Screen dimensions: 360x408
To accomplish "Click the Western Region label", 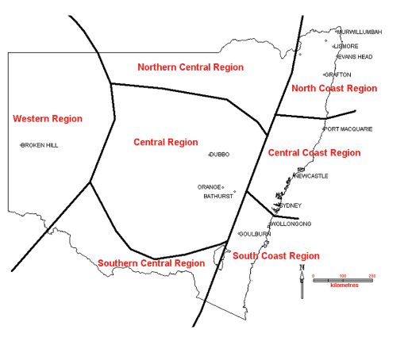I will [48, 119].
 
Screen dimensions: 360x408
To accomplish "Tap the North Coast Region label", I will [334, 89].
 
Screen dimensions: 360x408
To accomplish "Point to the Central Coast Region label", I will [314, 153].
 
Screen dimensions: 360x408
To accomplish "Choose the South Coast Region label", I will [275, 256].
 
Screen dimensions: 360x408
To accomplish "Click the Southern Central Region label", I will [151, 263].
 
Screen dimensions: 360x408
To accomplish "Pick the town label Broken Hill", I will [40, 146].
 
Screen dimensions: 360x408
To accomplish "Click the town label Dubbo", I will [219, 155].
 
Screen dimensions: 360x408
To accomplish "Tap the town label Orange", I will [209, 188].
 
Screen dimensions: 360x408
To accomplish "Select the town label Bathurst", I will [217, 196].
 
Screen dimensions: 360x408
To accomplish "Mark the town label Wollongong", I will [291, 224].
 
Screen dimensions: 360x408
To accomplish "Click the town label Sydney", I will [291, 205].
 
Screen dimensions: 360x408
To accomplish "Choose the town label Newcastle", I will [310, 176].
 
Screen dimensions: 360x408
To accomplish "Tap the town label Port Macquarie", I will [348, 129].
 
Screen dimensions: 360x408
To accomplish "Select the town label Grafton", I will [338, 75].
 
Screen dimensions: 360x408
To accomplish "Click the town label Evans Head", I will [354, 57].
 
